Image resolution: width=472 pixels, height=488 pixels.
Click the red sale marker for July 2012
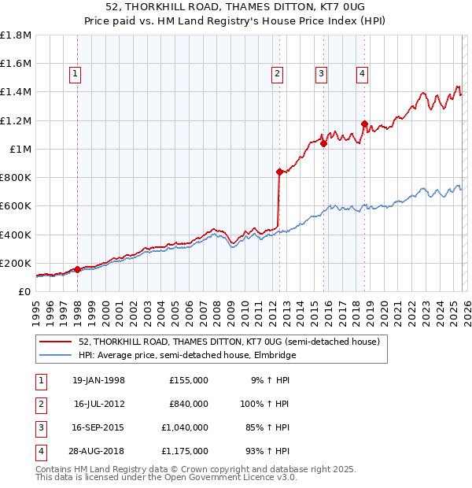coord(279,171)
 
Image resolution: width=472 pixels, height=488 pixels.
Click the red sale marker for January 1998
coord(77,269)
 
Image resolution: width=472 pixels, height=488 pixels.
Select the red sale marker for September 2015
coord(323,143)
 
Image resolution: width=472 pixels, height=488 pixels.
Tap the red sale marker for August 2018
coord(364,124)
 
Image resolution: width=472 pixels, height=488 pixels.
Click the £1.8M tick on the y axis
coord(16,35)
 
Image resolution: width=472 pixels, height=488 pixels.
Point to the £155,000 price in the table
coord(188,380)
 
